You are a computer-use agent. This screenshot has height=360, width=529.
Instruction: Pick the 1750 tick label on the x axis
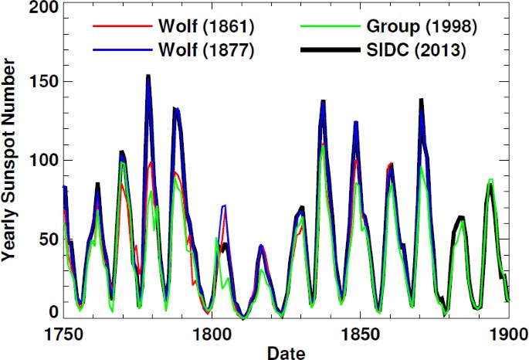click(62, 336)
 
